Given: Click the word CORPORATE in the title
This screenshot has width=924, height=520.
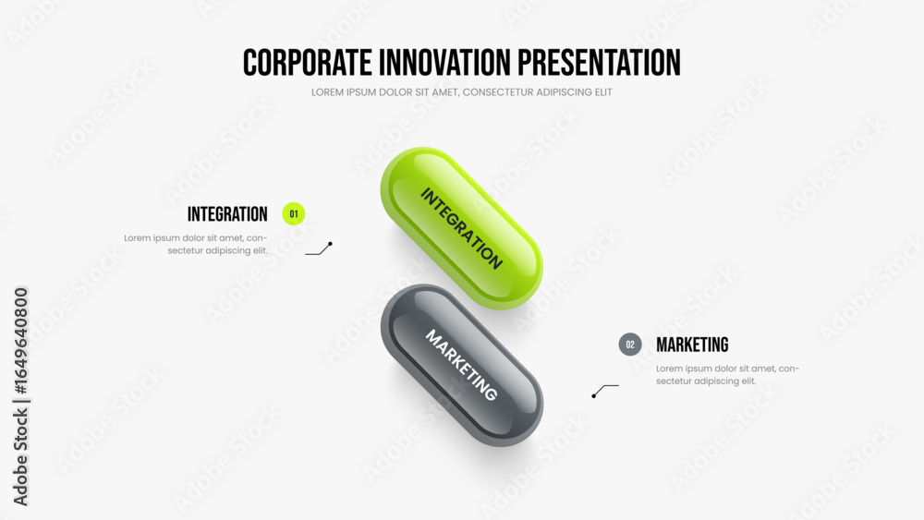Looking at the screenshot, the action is tap(308, 63).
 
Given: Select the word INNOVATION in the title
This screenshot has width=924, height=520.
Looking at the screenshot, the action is tap(445, 63).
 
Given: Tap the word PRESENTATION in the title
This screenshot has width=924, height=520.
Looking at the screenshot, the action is tap(600, 63).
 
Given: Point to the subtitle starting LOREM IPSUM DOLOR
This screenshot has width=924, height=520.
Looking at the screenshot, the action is tap(461, 92).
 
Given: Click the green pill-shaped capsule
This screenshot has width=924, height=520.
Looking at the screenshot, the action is tap(461, 228).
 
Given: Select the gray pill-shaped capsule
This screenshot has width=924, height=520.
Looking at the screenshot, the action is tap(461, 365).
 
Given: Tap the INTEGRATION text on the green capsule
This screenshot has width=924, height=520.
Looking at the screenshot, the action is tap(461, 228).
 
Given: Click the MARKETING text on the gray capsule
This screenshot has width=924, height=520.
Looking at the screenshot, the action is tap(461, 365).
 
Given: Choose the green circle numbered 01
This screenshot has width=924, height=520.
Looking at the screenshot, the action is tap(294, 213).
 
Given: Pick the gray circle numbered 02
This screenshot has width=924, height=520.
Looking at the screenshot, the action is tap(630, 345).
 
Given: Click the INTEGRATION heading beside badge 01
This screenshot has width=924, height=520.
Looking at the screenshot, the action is tap(227, 214).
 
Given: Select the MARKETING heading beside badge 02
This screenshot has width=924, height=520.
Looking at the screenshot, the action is tap(692, 345).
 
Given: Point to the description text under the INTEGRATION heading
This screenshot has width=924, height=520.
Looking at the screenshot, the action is tap(196, 245).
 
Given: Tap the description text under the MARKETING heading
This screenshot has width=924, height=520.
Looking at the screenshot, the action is tap(728, 375).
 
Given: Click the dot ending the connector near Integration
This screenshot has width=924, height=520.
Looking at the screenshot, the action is tap(331, 244).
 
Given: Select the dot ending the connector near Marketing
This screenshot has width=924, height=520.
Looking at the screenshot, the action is tap(593, 395).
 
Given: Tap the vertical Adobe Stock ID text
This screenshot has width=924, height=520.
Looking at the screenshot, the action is tap(20, 396).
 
